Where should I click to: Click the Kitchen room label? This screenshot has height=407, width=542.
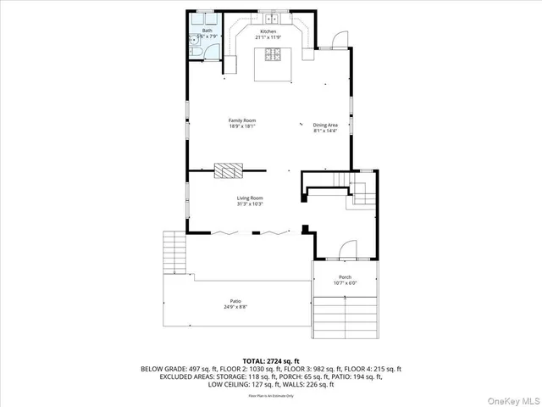[268, 31]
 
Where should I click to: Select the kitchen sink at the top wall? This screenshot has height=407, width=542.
[271, 18]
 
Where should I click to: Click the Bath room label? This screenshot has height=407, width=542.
[207, 31]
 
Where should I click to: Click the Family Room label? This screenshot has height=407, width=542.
[241, 121]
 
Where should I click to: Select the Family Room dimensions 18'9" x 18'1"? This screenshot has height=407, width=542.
[241, 126]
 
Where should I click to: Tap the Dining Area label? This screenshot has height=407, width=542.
[325, 125]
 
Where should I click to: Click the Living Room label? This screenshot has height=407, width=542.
[249, 198]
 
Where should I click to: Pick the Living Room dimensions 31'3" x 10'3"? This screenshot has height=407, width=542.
[249, 203]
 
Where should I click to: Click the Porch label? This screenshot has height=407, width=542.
[345, 277]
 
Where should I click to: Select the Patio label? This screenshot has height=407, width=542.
[235, 301]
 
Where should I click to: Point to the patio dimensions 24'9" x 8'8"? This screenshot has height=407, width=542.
[235, 307]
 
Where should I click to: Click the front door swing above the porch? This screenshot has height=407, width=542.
[346, 249]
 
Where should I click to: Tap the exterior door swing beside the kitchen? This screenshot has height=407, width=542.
[337, 39]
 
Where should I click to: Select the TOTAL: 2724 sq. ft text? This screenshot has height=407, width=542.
[271, 360]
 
